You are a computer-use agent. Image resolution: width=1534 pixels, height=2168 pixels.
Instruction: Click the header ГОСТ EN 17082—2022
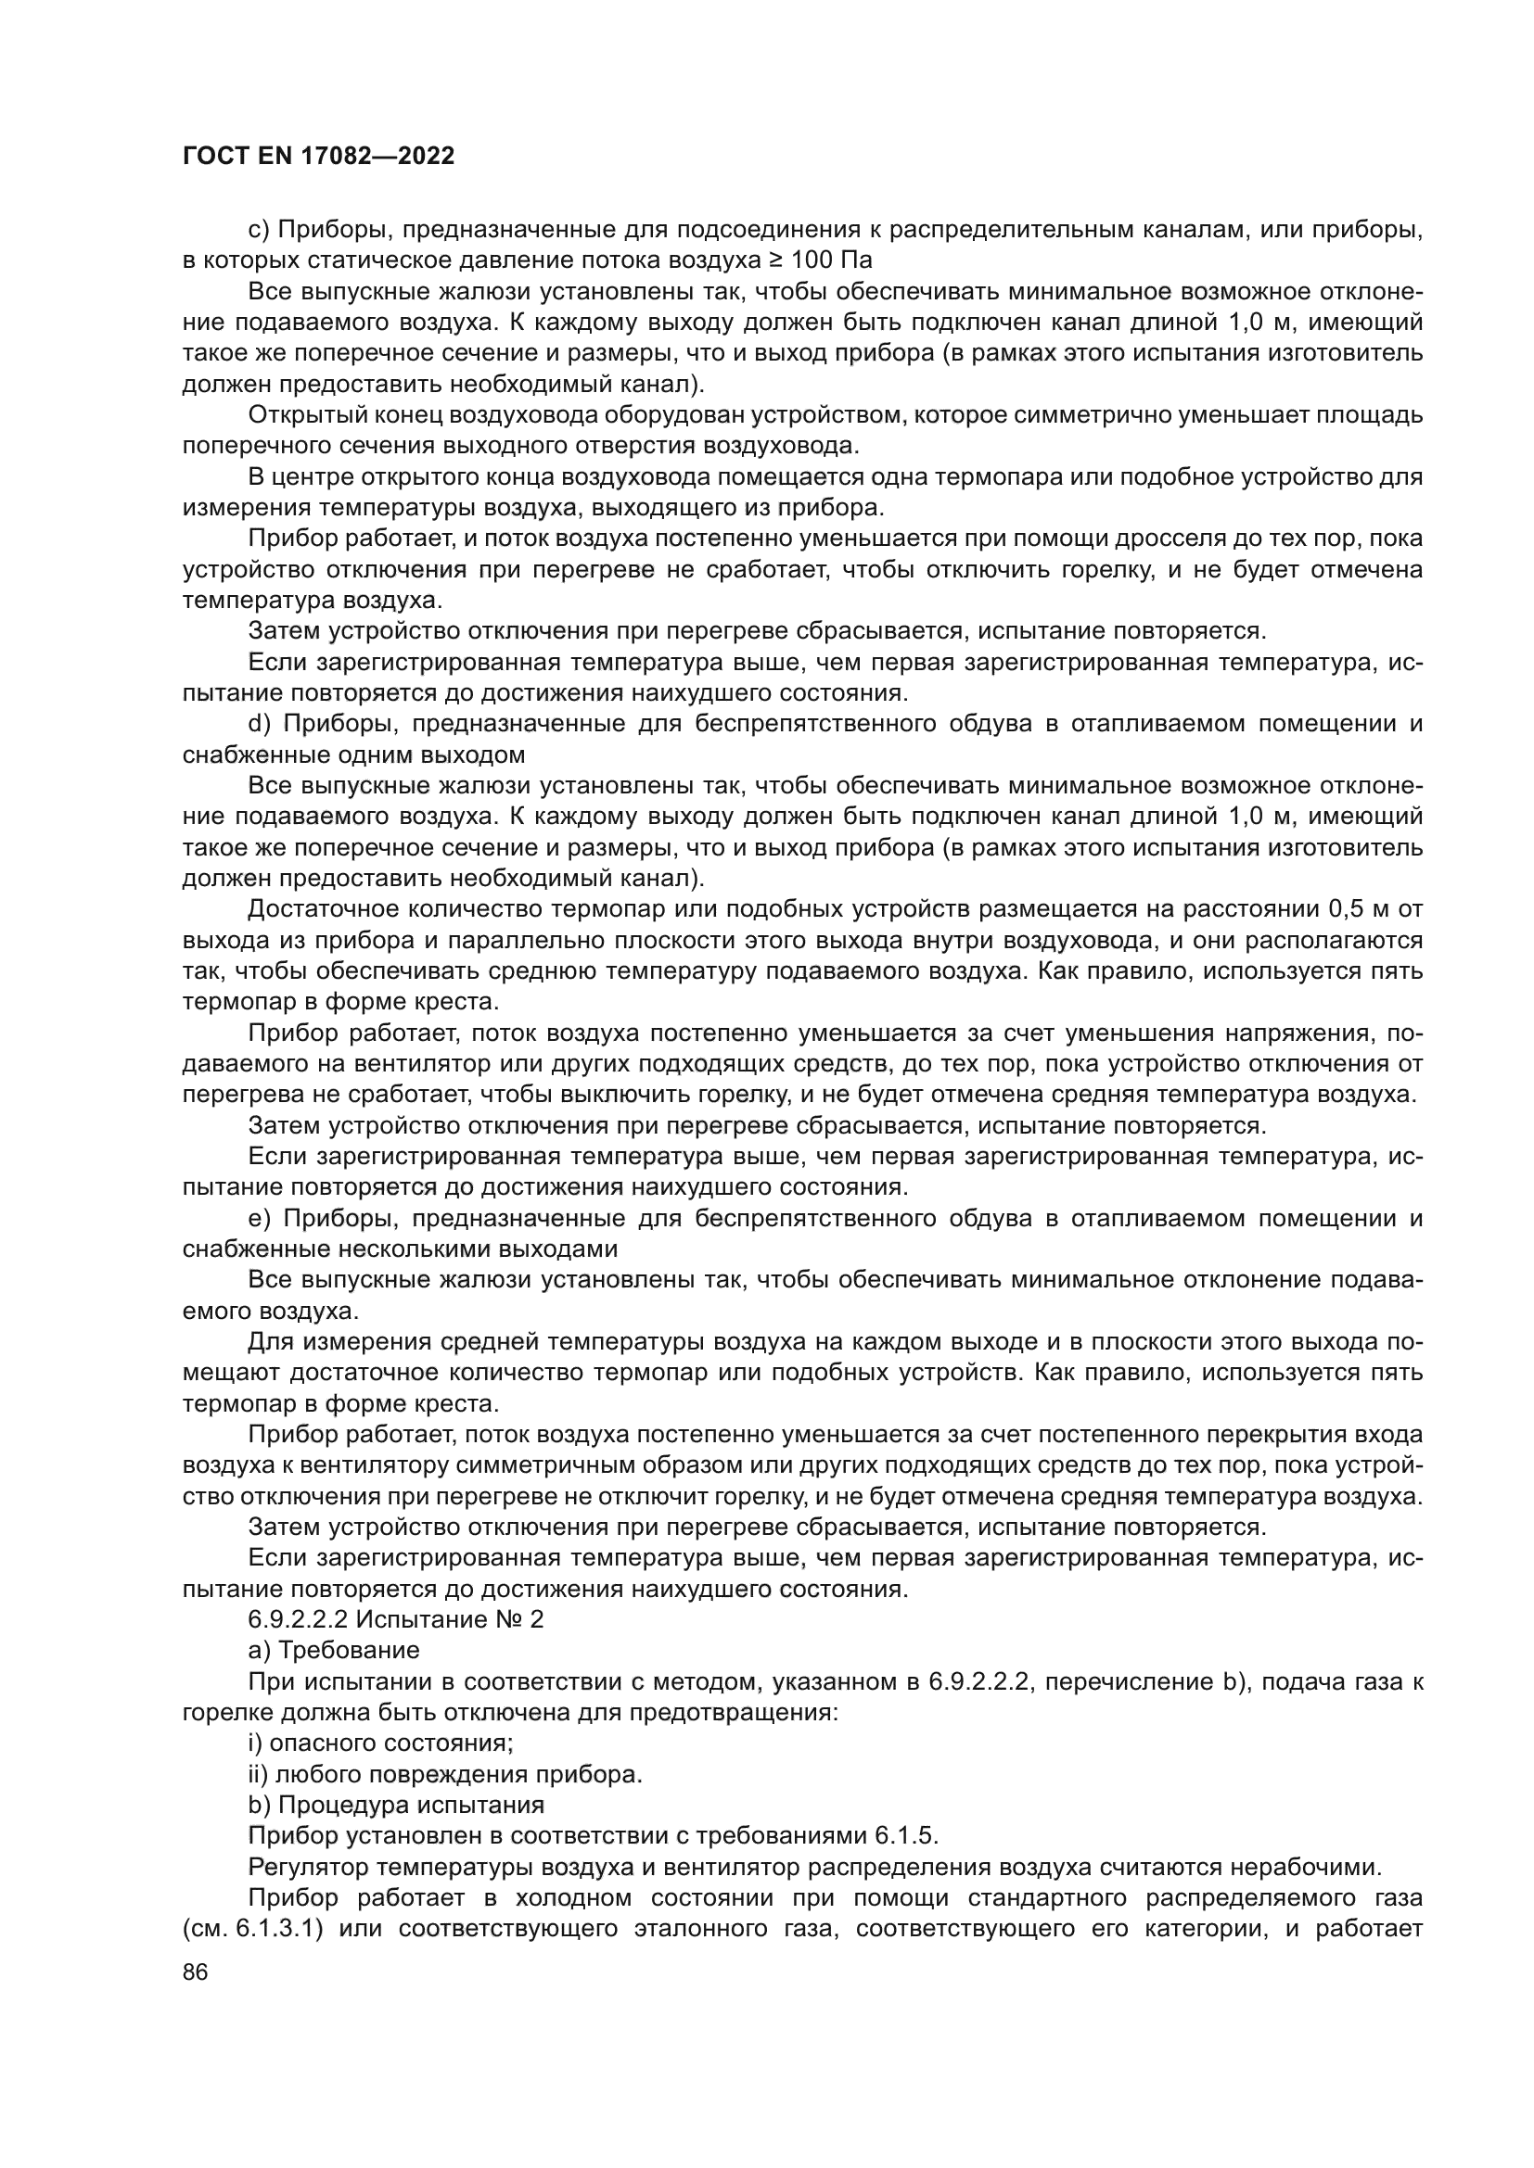pos(317,156)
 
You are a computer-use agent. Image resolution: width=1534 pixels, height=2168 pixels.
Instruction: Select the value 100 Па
pos(830,260)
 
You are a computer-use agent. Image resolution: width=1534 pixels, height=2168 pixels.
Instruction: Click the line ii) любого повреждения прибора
pos(445,1774)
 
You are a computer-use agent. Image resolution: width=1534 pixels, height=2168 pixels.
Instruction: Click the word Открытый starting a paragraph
pos(303,414)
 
